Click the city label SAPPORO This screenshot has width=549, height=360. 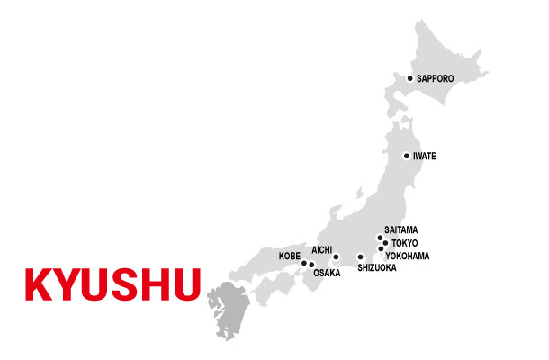coord(436,79)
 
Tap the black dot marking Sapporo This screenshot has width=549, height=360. coord(409,78)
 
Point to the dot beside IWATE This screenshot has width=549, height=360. coord(406,156)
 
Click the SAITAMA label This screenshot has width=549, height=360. coord(400,230)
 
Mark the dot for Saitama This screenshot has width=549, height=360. coord(380,238)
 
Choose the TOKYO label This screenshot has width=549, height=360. coord(406,243)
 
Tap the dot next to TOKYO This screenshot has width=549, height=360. coord(385,243)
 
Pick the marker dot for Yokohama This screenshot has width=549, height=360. coord(381,249)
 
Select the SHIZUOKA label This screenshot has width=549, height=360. coord(376,268)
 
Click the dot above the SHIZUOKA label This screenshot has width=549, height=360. coord(361,256)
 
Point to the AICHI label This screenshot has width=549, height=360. coord(323,248)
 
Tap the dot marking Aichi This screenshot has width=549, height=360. coord(336,256)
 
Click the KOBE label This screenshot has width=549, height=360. coord(290,256)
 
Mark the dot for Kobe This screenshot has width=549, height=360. coord(304,263)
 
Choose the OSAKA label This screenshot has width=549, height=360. coord(327,273)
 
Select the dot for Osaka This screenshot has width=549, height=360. coord(311,265)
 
